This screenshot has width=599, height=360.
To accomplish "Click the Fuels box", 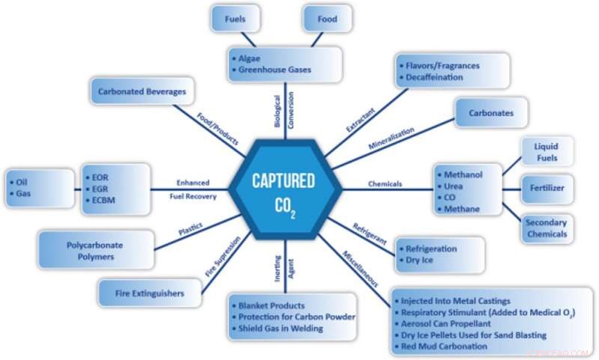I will pyautogui.click(x=236, y=17).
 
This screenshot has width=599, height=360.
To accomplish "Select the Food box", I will pyautogui.click(x=326, y=17).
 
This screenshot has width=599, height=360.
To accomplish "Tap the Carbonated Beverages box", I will pyautogui.click(x=142, y=91).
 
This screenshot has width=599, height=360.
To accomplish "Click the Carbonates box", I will pyautogui.click(x=491, y=112).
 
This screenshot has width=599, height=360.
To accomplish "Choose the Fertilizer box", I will pyautogui.click(x=548, y=186).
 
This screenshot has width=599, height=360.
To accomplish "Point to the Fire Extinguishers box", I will pyautogui.click(x=150, y=293).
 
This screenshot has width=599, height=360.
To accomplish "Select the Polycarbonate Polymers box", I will pyautogui.click(x=96, y=251).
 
